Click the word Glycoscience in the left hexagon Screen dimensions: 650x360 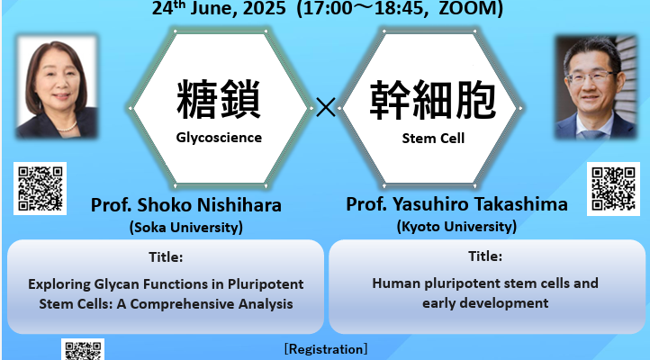click(219, 138)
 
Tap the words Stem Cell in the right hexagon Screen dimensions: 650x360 click(433, 139)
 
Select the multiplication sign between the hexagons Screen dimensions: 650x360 click(326, 107)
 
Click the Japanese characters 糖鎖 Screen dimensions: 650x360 click(219, 100)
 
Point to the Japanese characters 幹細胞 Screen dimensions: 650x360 click(433, 100)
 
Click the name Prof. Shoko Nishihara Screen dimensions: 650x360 click(186, 205)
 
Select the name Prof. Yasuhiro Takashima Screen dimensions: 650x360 click(456, 203)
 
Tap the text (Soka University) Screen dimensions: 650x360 click(186, 228)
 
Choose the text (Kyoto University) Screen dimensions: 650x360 click(456, 227)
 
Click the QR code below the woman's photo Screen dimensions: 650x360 click(41, 188)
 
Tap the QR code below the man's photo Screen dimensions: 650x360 click(613, 189)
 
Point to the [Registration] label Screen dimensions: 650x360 click(326, 349)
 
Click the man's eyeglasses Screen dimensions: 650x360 click(590, 77)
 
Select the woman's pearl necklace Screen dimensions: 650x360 click(67, 127)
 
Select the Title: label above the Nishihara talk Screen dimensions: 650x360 click(166, 257)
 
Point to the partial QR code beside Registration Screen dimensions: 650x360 click(83, 349)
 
